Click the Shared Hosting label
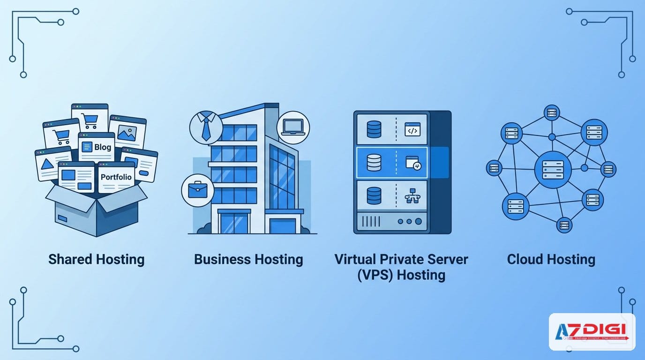96,259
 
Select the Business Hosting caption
248,259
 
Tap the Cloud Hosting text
551,259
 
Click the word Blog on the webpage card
102,147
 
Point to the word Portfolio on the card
116,177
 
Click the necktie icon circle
205,127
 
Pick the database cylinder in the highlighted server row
374,162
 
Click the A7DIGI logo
592,332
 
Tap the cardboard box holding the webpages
96,211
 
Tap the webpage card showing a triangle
52,164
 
